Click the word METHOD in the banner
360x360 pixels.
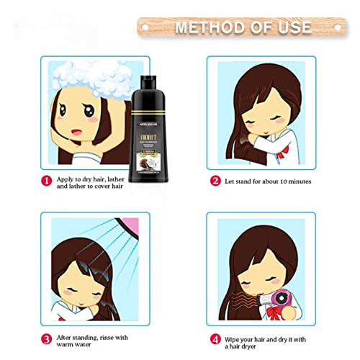pyautogui.click(x=199, y=28)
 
